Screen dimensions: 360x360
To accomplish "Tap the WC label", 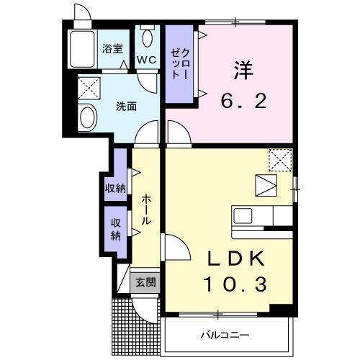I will [147, 59].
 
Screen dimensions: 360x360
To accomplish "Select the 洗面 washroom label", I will [127, 107].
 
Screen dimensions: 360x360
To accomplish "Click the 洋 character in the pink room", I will [244, 70].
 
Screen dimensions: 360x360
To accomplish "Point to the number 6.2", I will [243, 101].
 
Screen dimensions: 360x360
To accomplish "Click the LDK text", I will [229, 258].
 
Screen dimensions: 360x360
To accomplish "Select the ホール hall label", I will [145, 210].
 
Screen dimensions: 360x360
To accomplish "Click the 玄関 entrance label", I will [146, 282].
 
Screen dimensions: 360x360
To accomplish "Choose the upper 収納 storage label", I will [115, 189].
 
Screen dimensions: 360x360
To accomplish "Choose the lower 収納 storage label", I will [115, 230].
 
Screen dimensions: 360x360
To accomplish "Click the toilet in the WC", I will [148, 37].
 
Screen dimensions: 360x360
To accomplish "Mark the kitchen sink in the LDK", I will [242, 215].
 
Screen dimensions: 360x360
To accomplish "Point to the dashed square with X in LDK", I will [278, 158].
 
